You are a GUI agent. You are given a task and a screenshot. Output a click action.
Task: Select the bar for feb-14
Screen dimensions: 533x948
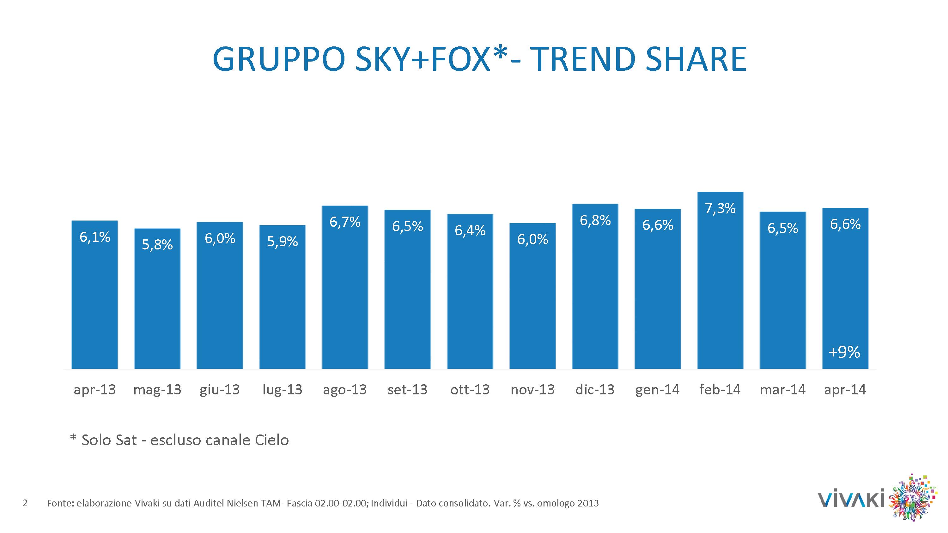coord(720,287)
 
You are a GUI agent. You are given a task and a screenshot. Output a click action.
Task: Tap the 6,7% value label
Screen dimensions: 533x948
coord(345,222)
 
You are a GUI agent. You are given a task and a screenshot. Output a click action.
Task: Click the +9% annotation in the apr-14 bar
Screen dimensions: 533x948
coord(844,352)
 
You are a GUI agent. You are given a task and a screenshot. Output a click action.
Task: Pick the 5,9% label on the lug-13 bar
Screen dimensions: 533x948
coord(282,241)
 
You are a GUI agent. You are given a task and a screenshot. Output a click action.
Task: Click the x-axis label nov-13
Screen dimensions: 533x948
coord(532,390)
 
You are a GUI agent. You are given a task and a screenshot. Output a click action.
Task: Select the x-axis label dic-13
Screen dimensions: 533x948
coord(595,390)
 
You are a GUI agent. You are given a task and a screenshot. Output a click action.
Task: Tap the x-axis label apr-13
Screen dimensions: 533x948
coord(94,390)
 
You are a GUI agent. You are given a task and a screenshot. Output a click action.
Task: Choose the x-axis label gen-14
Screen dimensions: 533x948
coord(657,390)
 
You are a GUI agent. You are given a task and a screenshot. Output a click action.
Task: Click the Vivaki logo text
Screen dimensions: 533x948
coord(850,500)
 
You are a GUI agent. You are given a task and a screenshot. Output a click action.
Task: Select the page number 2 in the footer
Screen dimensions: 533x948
coord(25,503)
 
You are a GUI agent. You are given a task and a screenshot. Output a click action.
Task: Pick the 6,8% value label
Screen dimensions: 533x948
coord(595,220)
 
